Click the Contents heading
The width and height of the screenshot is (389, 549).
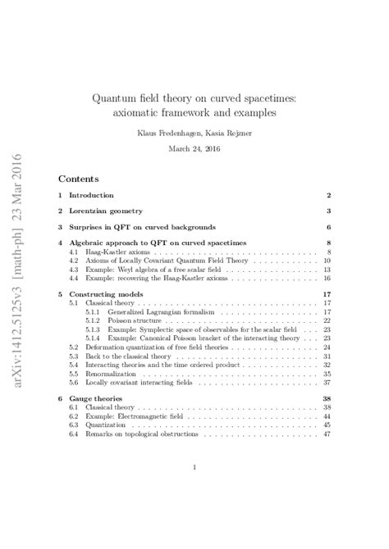click(79, 178)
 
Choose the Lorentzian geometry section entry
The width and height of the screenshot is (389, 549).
click(103, 211)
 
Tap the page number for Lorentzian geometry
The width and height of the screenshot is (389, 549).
click(327, 211)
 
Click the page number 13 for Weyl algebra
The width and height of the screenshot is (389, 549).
click(326, 269)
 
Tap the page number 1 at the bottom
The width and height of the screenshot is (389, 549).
click(194, 468)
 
